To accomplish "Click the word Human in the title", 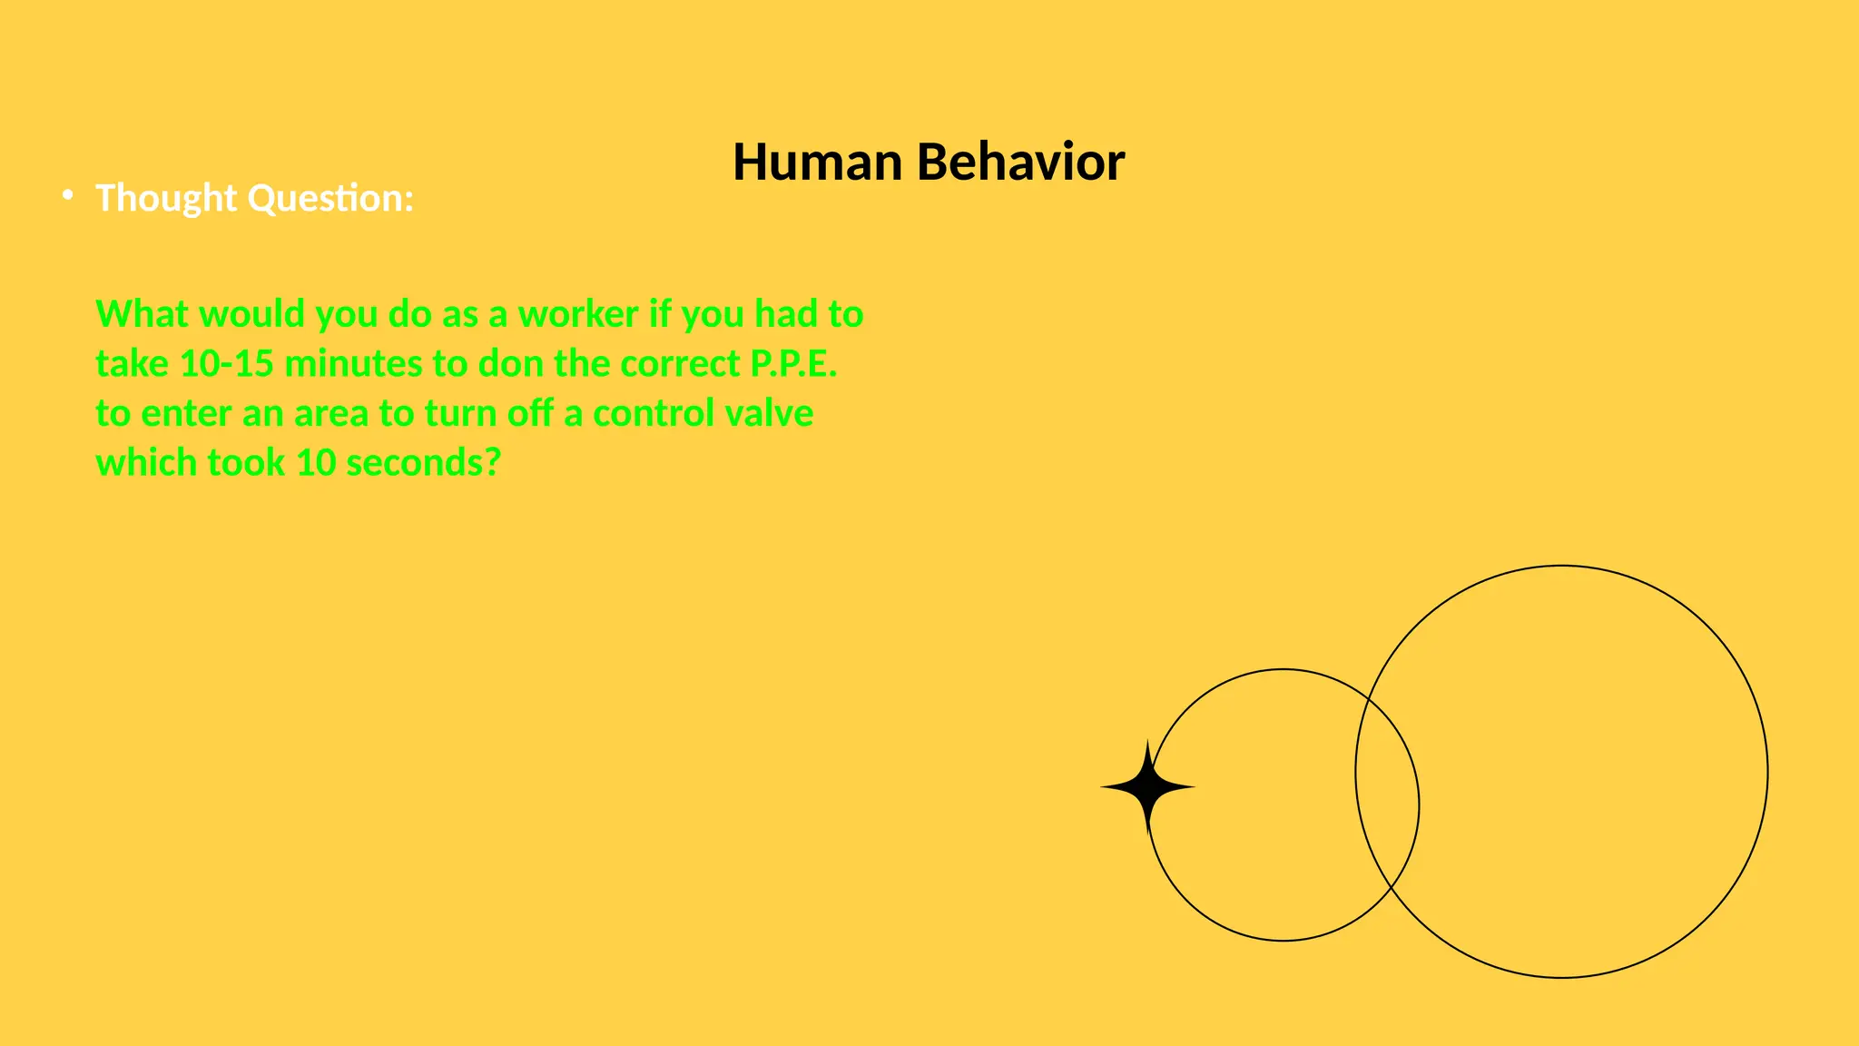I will click(817, 163).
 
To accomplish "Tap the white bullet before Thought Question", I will click(67, 195).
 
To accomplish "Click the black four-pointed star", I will click(1147, 787).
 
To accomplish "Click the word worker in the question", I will click(577, 314).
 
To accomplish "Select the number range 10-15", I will click(227, 364).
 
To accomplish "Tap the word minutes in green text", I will click(353, 364).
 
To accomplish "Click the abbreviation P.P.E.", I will click(793, 364).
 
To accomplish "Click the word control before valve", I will click(653, 413).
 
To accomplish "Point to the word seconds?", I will click(423, 463).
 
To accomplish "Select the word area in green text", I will click(330, 413).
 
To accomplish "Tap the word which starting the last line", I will click(146, 463).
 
